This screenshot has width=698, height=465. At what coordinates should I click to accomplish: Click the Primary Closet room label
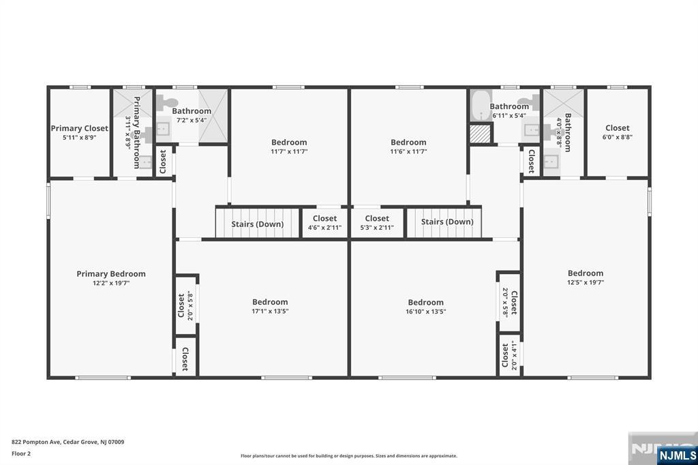tap(79, 128)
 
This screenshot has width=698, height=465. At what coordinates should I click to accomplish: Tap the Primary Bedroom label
tap(110, 273)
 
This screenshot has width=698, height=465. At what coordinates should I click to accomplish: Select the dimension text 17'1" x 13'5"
tap(270, 312)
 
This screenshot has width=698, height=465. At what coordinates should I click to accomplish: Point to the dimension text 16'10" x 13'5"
tap(425, 312)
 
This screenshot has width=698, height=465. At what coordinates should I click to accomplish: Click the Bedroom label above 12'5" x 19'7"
tap(586, 273)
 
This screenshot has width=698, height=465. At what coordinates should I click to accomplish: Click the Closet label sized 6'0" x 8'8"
tap(617, 127)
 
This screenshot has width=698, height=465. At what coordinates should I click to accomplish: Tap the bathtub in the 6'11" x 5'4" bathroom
tap(481, 106)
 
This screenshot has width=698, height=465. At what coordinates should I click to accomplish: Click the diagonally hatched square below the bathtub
tap(481, 133)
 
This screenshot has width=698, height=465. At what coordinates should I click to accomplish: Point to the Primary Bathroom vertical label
tap(136, 132)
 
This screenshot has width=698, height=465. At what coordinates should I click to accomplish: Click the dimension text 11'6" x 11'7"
tap(408, 151)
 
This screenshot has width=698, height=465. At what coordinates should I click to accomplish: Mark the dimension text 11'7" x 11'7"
tap(289, 151)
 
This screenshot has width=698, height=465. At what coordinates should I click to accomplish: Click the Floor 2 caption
tap(22, 453)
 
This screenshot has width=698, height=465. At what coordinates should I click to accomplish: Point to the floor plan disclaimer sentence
tap(348, 456)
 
